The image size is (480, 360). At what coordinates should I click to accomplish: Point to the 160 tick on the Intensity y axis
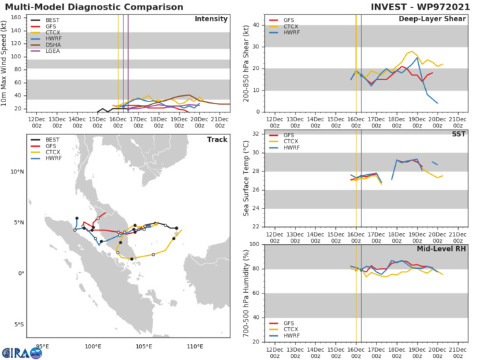pos(19,18)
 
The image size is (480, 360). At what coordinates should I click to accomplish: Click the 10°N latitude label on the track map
pos(15,172)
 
